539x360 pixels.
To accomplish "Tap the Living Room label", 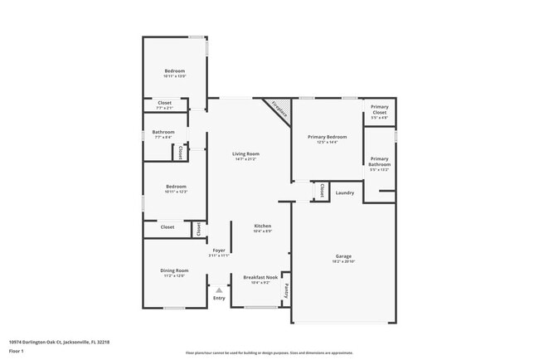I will (245, 153).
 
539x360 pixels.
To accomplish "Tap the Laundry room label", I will (345, 193).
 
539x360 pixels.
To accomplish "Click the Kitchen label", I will (262, 226).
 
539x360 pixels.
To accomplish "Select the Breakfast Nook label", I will (260, 277).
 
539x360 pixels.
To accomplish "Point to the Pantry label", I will (286, 290).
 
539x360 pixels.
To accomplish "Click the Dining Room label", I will (174, 270).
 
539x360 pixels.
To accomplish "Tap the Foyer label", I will (219, 250).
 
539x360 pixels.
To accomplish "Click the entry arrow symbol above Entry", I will (219, 289).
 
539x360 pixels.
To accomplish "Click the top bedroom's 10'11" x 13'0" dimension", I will (174, 76).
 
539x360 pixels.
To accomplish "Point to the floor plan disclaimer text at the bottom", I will (269, 353).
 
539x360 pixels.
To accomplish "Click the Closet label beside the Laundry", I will (319, 191).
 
